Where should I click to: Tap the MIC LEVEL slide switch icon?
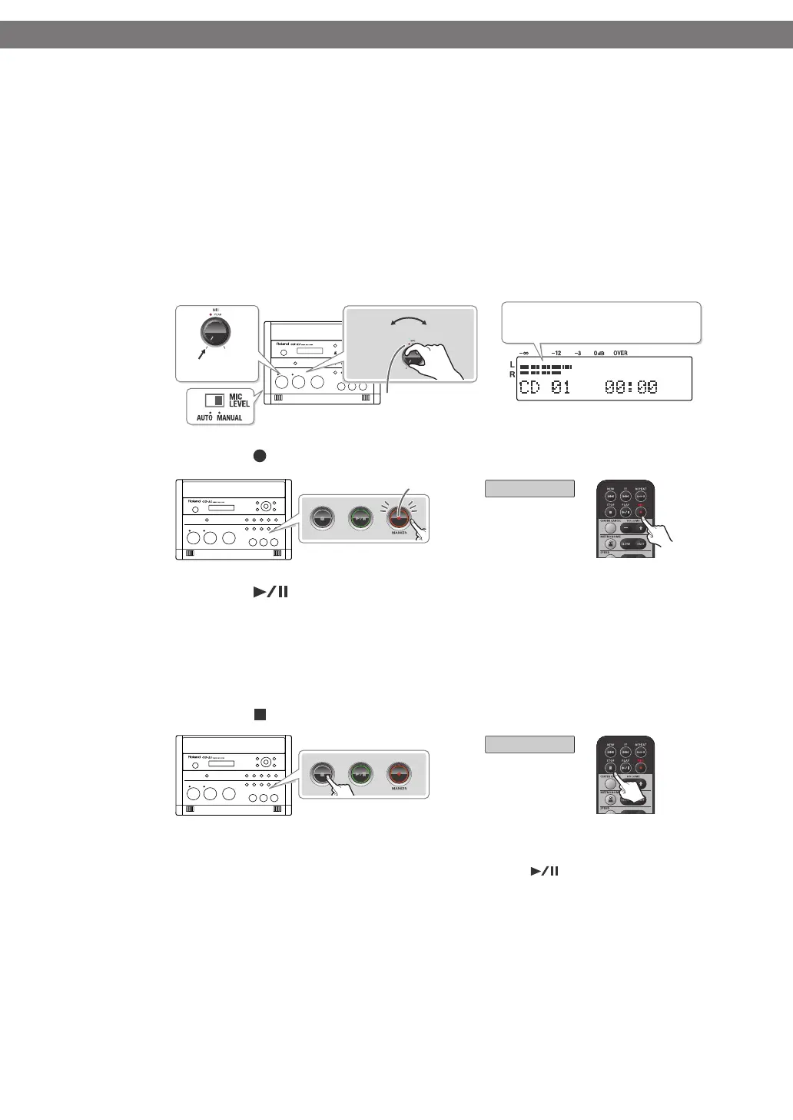(x=214, y=400)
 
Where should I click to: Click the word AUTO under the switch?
(x=204, y=418)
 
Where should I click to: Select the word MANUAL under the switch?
(x=229, y=418)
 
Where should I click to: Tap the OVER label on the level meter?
(x=620, y=354)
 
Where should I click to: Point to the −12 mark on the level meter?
(x=556, y=354)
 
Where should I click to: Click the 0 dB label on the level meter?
(x=599, y=354)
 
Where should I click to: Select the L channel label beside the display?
(x=512, y=364)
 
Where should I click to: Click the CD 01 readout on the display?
(x=545, y=387)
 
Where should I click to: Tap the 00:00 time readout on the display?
(x=632, y=387)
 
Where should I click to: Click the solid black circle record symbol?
(x=260, y=457)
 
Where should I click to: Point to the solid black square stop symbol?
(x=260, y=715)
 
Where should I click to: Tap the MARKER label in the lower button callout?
(x=399, y=789)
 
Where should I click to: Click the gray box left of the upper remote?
(x=529, y=488)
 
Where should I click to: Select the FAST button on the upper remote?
(x=640, y=543)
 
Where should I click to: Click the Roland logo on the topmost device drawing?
(x=287, y=344)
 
